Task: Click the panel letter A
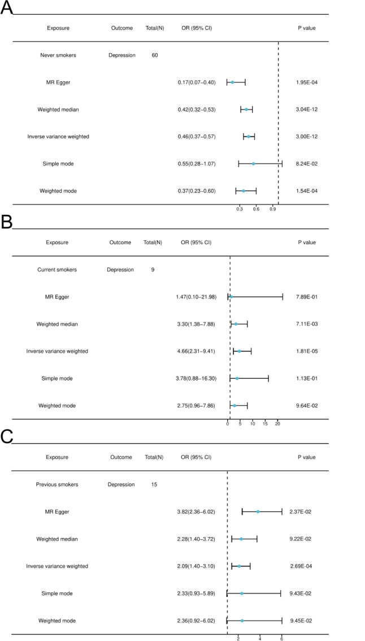[x=6, y=8]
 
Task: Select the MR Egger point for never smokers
[x=232, y=83]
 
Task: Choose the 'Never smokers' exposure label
[x=58, y=55]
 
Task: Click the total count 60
[x=155, y=55]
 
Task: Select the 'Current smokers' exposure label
[x=57, y=270]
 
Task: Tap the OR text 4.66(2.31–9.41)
[x=195, y=351]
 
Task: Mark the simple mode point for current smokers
[x=237, y=378]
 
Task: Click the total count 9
[x=153, y=270]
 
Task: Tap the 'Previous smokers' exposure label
[x=57, y=484]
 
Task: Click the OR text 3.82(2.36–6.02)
[x=197, y=512]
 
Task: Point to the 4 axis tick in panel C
[x=260, y=639]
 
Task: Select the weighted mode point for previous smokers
[x=242, y=621]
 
